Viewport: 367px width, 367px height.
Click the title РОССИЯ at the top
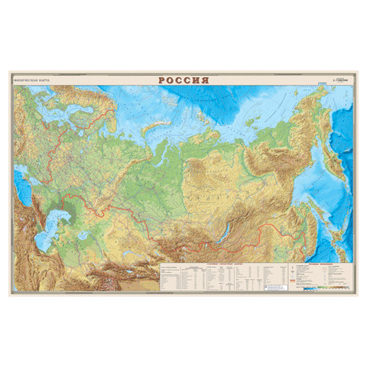(x=183, y=79)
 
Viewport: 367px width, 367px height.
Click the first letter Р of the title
(x=162, y=79)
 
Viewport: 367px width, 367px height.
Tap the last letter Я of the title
(x=203, y=79)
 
